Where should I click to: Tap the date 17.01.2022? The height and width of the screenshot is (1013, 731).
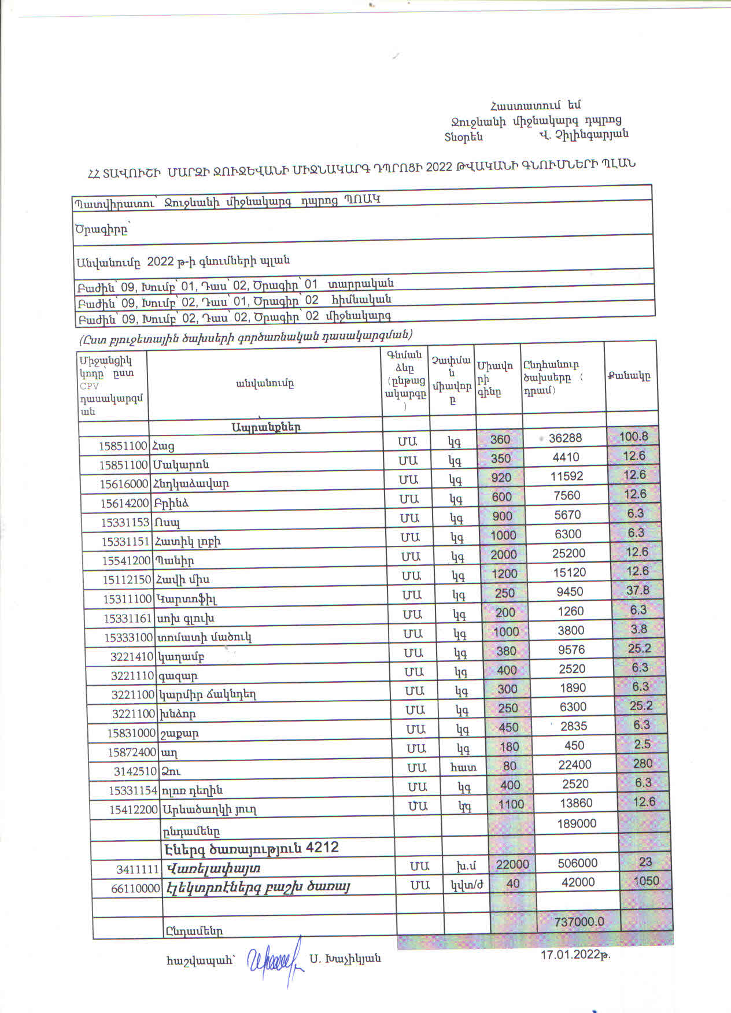point(575,955)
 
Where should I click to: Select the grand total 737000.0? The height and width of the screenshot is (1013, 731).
point(579,922)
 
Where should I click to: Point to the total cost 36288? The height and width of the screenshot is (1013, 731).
point(565,438)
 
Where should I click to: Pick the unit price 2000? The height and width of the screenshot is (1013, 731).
point(503,554)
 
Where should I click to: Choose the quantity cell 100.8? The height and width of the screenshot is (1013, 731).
point(633,437)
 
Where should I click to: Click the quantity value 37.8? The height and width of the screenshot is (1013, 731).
point(637,590)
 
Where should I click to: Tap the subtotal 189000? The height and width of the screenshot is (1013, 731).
point(577,823)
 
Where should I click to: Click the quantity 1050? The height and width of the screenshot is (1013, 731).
point(645,881)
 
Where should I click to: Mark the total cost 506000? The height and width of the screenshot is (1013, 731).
point(578,863)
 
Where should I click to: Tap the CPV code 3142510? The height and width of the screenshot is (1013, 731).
point(135,771)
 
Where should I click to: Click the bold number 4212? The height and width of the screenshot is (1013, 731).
point(322,848)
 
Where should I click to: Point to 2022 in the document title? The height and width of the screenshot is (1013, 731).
point(440,167)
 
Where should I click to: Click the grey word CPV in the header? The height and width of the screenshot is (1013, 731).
point(89,386)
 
